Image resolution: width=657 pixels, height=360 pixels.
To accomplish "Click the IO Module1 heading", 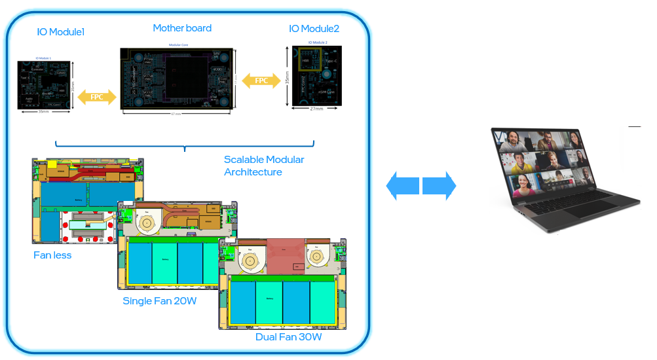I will pos(60,31).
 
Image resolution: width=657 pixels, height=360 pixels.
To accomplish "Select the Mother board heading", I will pos(182,28).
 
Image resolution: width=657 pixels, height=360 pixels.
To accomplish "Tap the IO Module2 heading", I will pos(314,29).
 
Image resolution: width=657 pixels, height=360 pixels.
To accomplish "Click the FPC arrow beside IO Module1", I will pos(96,97).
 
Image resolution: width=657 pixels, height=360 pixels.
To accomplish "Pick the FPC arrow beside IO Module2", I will pos(261,81).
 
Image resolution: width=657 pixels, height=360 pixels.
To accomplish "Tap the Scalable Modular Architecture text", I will pos(263,166).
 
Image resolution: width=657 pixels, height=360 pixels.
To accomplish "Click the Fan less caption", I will pos(52,255).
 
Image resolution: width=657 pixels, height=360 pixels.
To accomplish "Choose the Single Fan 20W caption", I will pos(159,301).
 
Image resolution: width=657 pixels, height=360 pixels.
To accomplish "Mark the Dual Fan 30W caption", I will pos(289,337).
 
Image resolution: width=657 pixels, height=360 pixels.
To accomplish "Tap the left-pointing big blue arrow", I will pos(402,186).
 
